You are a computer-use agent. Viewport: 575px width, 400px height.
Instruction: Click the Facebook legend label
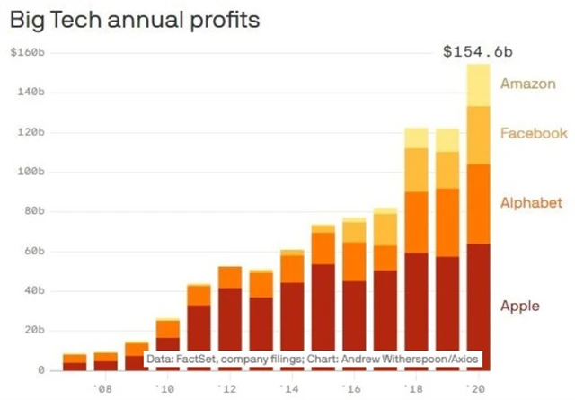[x=534, y=133]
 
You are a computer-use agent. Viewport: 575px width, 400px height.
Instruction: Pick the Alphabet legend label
[x=532, y=202]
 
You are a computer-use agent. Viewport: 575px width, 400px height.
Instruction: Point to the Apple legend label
[x=520, y=306]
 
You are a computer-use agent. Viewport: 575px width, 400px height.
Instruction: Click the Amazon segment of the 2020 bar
[x=478, y=85]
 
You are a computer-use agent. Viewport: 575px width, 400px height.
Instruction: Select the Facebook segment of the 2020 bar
[x=478, y=135]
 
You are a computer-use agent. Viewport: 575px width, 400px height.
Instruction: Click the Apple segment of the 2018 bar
[x=417, y=297]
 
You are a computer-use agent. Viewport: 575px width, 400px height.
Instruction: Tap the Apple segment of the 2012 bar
[x=231, y=315]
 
